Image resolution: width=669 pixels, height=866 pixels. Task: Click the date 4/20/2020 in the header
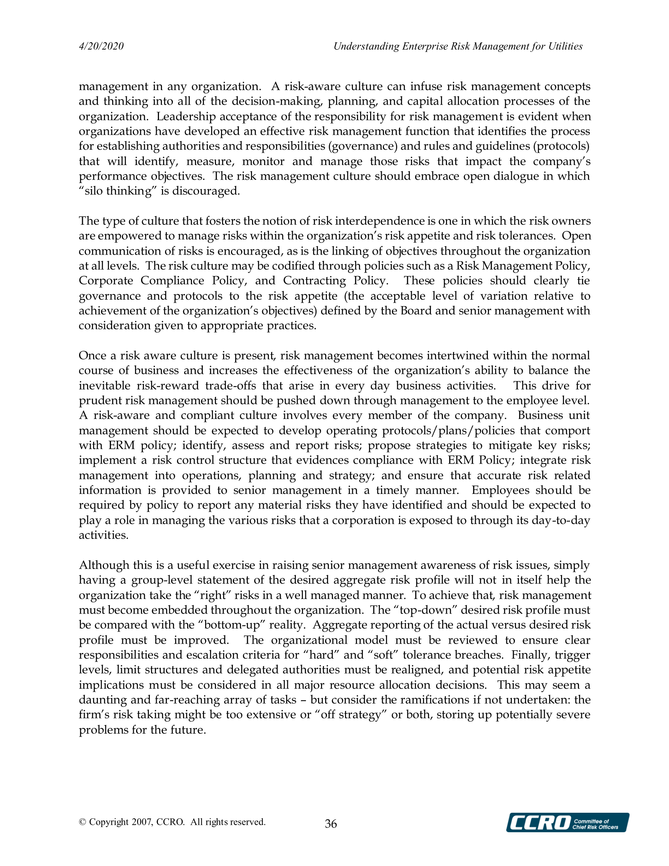(101, 47)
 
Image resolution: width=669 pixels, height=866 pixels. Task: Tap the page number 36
(331, 824)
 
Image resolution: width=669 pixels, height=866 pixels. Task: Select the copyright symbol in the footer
(82, 822)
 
